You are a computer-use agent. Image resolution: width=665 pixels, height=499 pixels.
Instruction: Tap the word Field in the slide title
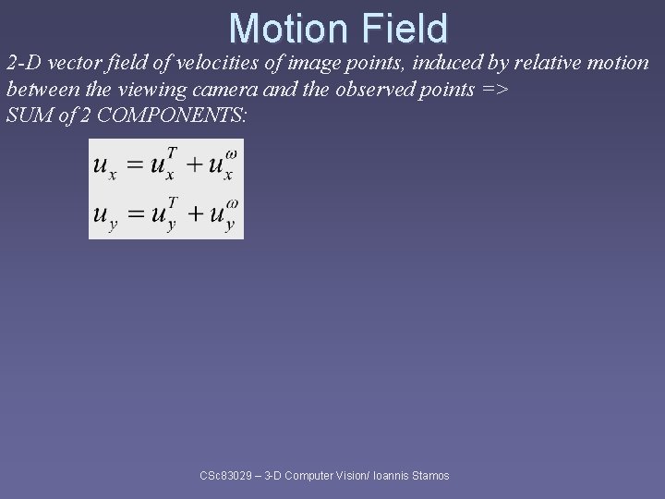pyautogui.click(x=405, y=28)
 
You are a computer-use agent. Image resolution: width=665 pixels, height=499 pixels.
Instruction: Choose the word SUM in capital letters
pyautogui.click(x=27, y=117)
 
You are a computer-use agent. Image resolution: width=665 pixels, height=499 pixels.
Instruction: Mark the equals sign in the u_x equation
pyautogui.click(x=135, y=165)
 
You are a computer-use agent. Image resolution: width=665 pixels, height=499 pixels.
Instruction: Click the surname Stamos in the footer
pyautogui.click(x=429, y=476)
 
